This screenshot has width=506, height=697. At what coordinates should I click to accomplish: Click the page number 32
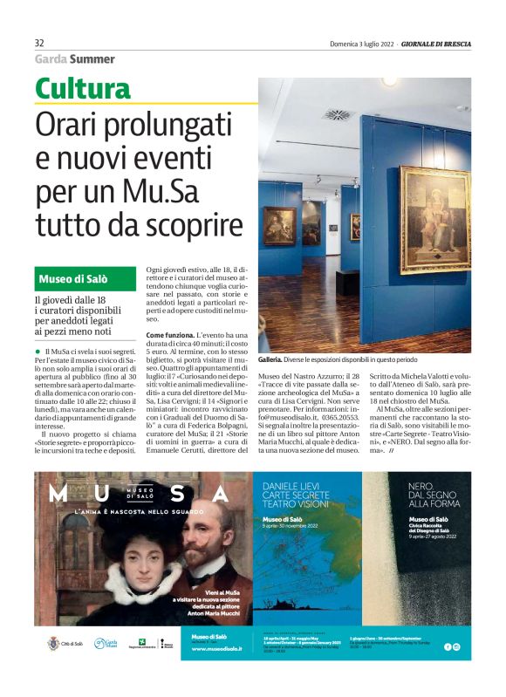tap(39, 44)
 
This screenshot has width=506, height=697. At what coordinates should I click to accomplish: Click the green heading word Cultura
tap(83, 89)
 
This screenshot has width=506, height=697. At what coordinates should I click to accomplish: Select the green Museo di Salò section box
tap(85, 279)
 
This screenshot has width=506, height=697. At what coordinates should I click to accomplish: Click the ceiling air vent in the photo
tap(336, 114)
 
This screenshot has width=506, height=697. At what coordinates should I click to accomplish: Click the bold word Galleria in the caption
tap(270, 359)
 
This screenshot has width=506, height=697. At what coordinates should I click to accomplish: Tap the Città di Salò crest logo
tap(53, 644)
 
